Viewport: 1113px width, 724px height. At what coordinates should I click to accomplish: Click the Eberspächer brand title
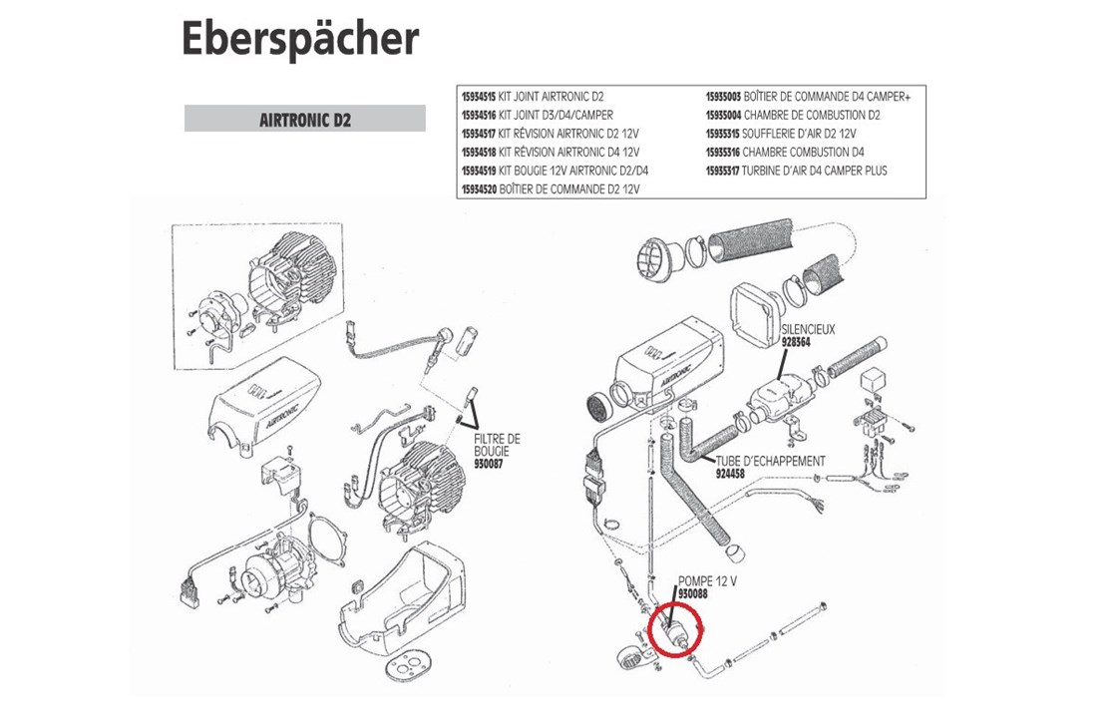pyautogui.click(x=300, y=39)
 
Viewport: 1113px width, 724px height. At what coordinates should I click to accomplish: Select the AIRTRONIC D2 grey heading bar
pyautogui.click(x=304, y=119)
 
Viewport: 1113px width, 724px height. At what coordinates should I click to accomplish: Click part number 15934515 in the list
pyautogui.click(x=479, y=97)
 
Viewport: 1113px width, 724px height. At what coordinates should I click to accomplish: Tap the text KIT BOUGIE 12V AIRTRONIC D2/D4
pyautogui.click(x=573, y=171)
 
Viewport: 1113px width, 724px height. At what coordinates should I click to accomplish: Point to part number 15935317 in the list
pyautogui.click(x=723, y=171)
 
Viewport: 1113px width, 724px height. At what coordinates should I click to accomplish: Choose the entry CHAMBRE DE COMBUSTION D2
pyautogui.click(x=812, y=115)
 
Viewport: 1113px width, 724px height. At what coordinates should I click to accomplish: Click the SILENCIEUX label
pyautogui.click(x=808, y=329)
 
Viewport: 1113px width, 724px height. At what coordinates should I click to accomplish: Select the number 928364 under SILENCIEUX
pyautogui.click(x=796, y=341)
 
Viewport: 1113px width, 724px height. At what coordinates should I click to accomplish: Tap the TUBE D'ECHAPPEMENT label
pyautogui.click(x=770, y=461)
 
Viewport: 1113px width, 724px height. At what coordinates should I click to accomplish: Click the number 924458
pyautogui.click(x=730, y=473)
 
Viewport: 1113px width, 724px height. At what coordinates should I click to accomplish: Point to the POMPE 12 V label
pyautogui.click(x=708, y=581)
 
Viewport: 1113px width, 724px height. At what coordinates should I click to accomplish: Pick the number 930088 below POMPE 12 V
pyautogui.click(x=693, y=593)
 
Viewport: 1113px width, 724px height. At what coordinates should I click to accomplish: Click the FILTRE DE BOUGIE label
pyautogui.click(x=497, y=445)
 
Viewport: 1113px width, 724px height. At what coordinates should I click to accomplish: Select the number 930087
pyautogui.click(x=489, y=464)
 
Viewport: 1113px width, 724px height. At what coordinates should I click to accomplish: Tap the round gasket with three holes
pyautogui.click(x=408, y=666)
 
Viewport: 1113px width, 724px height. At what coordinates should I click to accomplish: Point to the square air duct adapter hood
pyautogui.click(x=755, y=315)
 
